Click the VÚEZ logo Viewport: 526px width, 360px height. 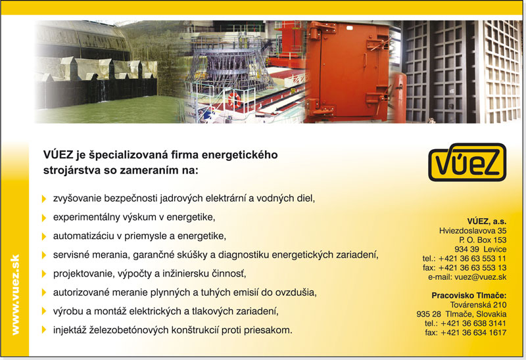point(467,162)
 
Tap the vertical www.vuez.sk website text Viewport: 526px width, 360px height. point(15,295)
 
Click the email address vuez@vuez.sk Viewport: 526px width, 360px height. point(481,277)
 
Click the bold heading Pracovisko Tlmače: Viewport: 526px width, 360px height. point(469,296)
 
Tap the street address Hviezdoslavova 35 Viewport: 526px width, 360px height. point(473,231)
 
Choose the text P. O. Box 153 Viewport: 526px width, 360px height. point(483,240)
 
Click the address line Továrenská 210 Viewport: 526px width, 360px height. point(478,305)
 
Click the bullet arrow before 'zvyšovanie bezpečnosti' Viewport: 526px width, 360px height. point(44,199)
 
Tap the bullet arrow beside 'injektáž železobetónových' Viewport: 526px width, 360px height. point(44,330)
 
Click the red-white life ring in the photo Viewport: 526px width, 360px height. point(234,100)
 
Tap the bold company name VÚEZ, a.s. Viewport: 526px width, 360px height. point(487,221)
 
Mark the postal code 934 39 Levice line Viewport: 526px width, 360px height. point(481,250)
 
